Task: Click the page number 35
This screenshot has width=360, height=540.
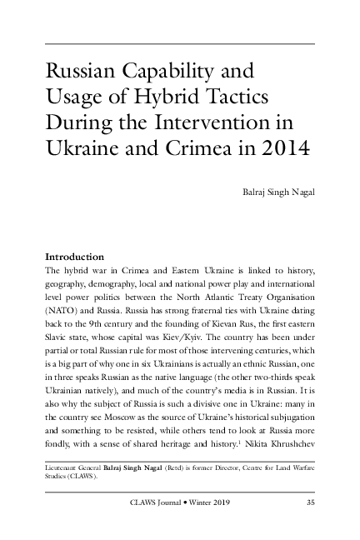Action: [x=310, y=502]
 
